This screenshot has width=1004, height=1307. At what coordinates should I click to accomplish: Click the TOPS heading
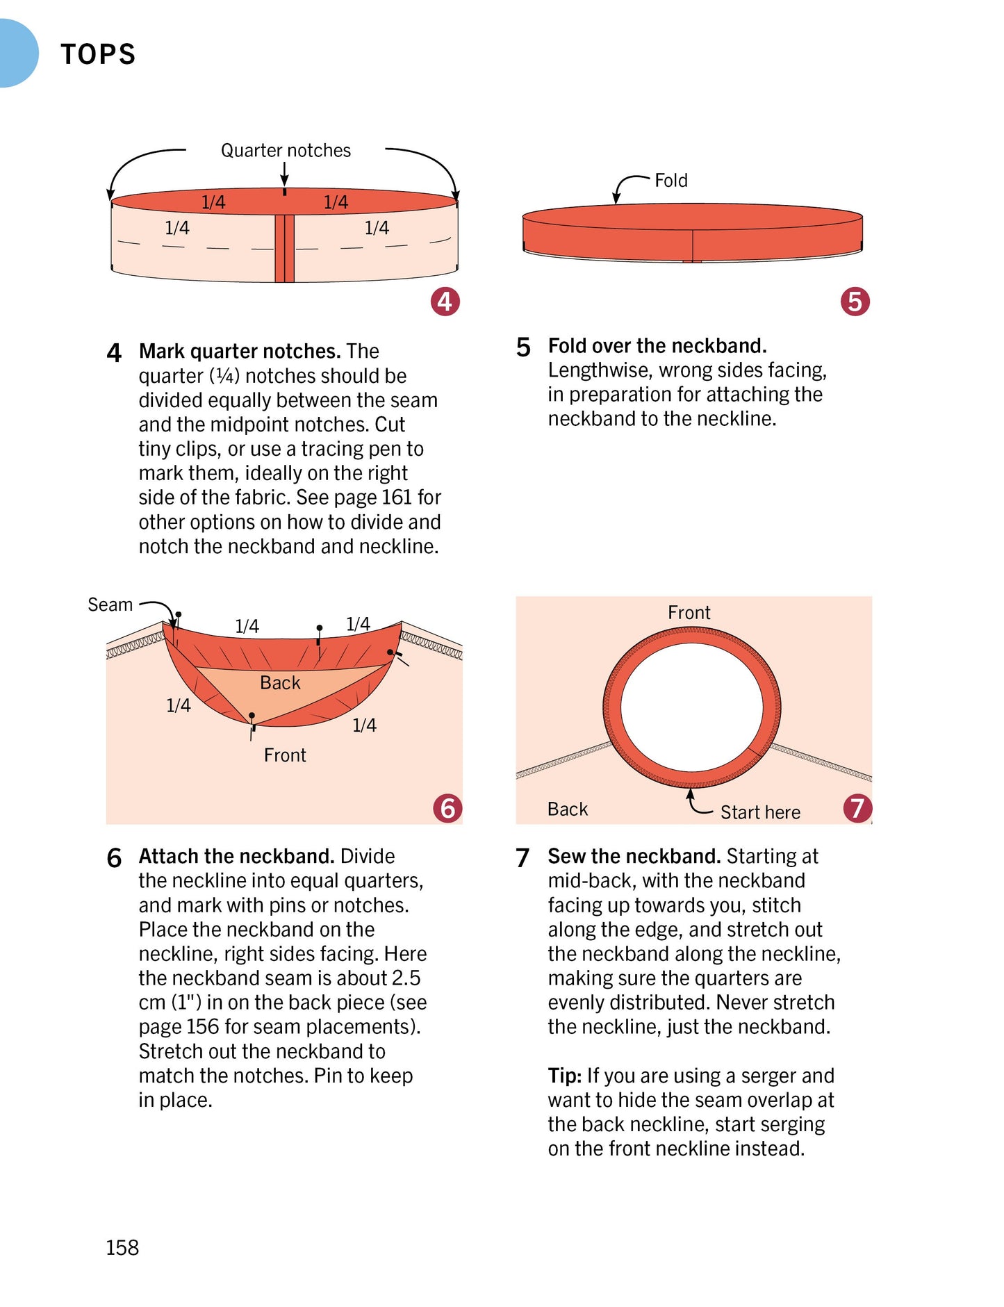98,54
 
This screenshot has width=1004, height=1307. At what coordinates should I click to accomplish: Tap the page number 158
122,1247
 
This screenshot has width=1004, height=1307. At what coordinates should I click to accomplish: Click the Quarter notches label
286,150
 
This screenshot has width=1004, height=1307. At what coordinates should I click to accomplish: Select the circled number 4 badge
445,302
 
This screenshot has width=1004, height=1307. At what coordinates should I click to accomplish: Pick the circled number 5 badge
855,302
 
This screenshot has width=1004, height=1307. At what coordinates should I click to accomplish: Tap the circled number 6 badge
447,807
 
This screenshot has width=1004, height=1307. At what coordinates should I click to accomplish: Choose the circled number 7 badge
857,807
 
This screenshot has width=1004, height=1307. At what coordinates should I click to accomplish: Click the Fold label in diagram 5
670,181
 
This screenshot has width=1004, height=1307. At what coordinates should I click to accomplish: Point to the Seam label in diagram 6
110,605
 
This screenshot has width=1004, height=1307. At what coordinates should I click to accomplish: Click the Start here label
760,812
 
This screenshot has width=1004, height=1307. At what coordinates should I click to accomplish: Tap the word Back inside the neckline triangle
280,682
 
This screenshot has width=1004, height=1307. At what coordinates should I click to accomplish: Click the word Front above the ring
689,612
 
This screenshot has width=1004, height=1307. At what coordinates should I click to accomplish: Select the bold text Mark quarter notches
240,351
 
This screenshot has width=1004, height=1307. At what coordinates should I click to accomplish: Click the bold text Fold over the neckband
657,345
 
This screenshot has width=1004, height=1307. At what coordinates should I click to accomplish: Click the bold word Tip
563,1075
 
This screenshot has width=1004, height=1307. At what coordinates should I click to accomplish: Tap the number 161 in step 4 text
397,498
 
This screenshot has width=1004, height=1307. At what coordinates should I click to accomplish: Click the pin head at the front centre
252,715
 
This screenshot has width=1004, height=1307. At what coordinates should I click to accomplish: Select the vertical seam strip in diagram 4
285,248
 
